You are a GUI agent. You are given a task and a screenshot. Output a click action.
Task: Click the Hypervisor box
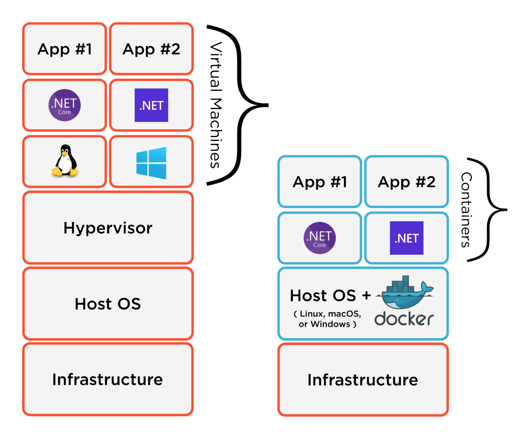point(108,228)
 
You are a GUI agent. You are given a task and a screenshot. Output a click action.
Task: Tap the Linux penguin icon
point(65,161)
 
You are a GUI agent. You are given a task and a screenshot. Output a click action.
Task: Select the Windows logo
point(151,163)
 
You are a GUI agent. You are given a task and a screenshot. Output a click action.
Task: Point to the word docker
point(404,319)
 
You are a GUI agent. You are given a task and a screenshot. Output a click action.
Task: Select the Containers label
point(466,210)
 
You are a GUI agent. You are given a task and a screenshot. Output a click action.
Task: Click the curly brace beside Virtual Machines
point(243,105)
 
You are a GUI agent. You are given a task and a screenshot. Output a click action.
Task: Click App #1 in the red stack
point(65,49)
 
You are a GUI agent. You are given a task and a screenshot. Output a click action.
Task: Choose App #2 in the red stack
point(152,49)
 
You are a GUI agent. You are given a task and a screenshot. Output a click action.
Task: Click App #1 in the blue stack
point(320,182)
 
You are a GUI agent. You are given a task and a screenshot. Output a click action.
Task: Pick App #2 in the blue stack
point(407,182)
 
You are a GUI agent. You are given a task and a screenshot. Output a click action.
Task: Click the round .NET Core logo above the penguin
point(65,105)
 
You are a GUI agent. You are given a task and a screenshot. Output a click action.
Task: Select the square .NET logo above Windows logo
point(152,105)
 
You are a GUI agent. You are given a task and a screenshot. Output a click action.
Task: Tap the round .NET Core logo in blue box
point(320,238)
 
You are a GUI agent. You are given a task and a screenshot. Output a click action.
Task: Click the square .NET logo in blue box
point(407,238)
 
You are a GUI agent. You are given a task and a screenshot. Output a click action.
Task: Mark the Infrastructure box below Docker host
point(363,380)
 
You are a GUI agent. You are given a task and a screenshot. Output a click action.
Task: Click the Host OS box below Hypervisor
point(108,304)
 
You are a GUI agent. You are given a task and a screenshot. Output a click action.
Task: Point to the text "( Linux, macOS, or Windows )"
point(327,319)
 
